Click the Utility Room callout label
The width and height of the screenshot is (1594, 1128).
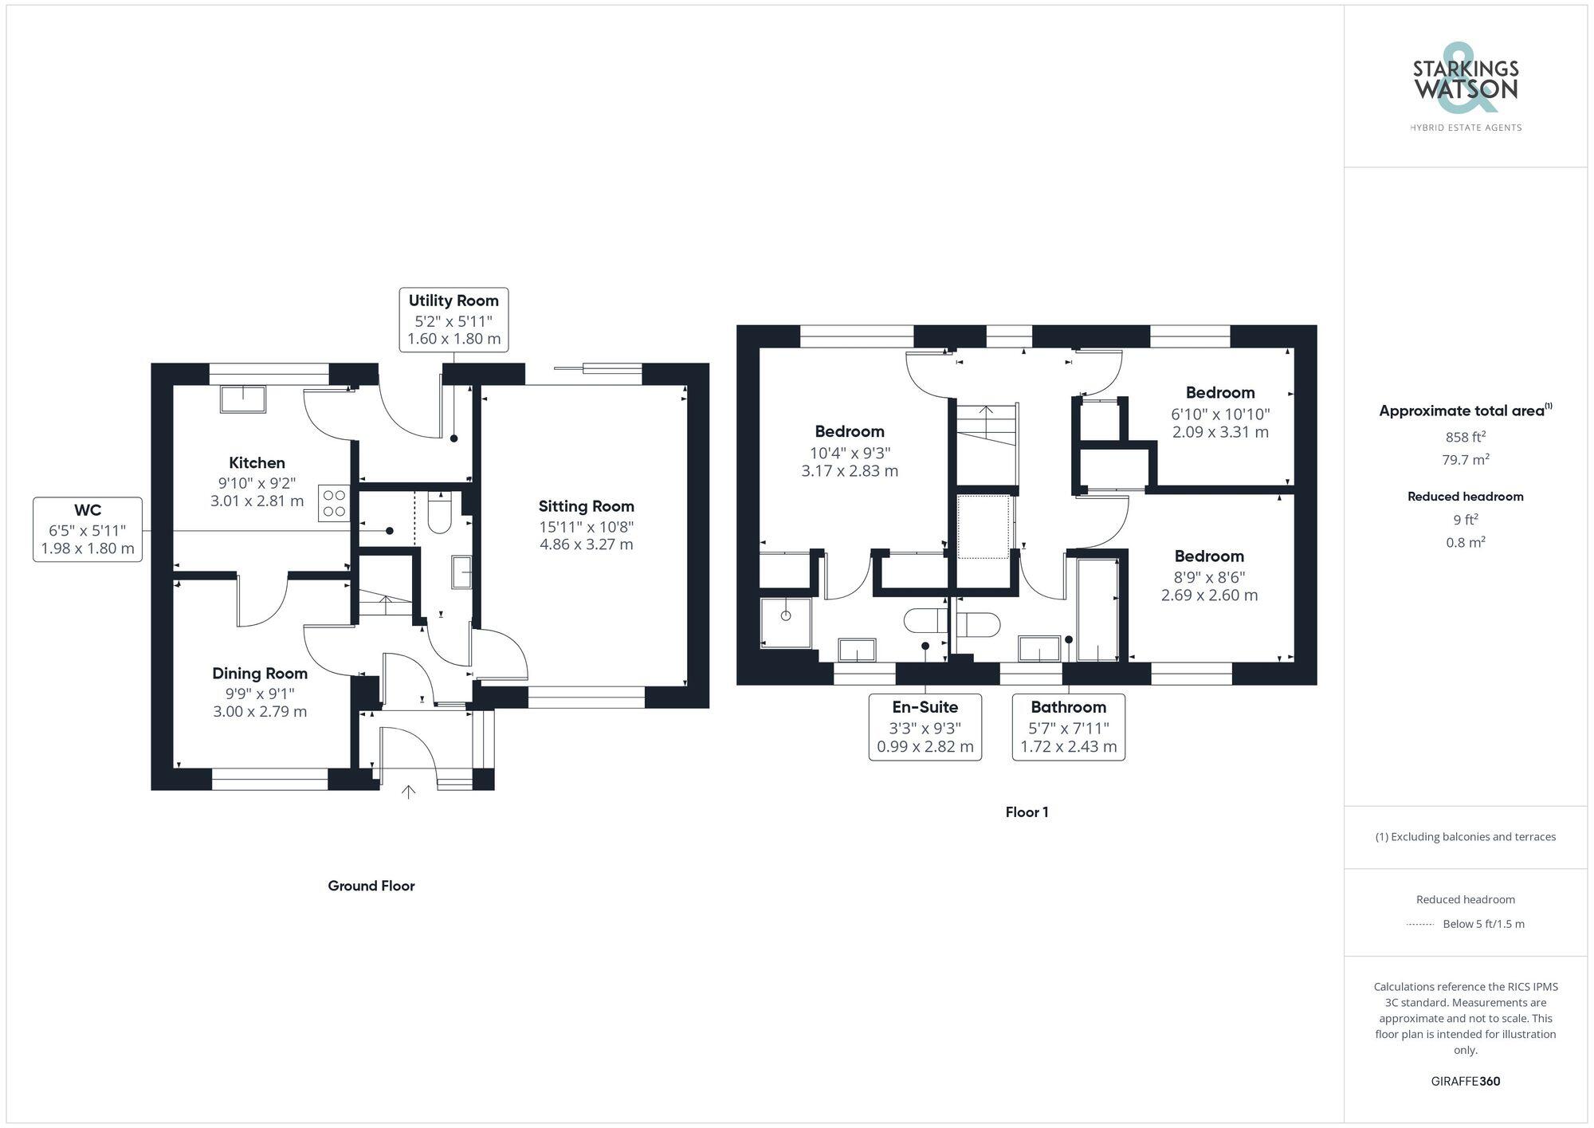(x=453, y=320)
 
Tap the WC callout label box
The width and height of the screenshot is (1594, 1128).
(x=88, y=529)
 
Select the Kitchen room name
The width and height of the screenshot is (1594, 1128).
(x=257, y=462)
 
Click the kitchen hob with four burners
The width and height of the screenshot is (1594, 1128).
(x=334, y=503)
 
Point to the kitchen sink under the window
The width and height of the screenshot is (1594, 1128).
(x=243, y=399)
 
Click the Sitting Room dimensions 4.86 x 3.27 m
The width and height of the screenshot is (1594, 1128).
(x=586, y=544)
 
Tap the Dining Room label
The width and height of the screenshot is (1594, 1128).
(x=260, y=674)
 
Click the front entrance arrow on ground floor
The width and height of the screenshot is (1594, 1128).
(x=408, y=792)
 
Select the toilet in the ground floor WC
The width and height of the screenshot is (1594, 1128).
(x=439, y=513)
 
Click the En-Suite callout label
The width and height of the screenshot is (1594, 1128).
(x=925, y=727)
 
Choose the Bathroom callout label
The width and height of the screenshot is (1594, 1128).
(x=1068, y=727)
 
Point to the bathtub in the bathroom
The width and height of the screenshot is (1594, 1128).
(x=1097, y=610)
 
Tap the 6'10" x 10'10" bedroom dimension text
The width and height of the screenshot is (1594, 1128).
(x=1220, y=414)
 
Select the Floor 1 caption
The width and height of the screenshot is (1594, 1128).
(x=1027, y=812)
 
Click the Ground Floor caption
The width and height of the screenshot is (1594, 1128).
(x=371, y=886)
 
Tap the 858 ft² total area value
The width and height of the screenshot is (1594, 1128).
(x=1465, y=437)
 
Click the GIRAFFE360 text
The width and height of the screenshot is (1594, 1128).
(x=1465, y=1081)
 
